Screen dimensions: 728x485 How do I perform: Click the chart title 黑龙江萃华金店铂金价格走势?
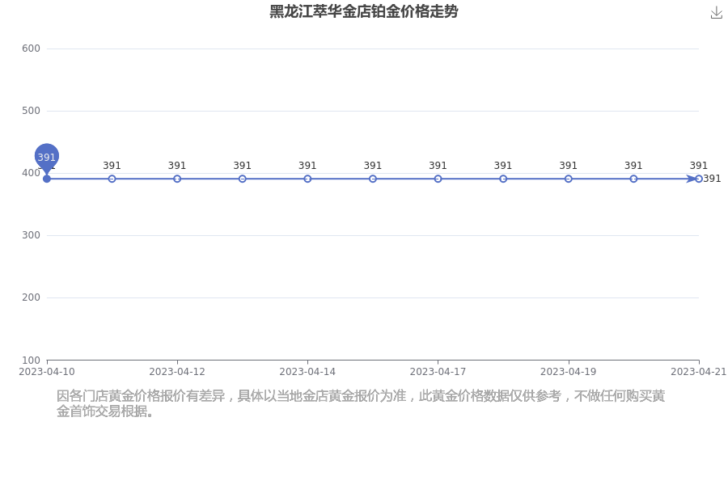coord(363,11)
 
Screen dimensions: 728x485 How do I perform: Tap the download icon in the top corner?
coord(717,13)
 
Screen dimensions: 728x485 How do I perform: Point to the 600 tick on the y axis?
coord(31,48)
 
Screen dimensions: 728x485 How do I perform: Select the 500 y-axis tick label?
coord(31,111)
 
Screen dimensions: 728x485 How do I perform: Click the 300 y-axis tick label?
coord(31,235)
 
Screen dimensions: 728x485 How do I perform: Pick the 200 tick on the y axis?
coord(31,297)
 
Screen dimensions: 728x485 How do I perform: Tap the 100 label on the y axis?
coord(31,361)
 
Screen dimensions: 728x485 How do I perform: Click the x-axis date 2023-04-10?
coord(46,372)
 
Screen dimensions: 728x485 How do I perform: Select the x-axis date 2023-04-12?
coord(177,372)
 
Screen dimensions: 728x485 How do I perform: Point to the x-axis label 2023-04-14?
coord(307,372)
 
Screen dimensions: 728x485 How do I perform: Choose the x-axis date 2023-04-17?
coord(438,372)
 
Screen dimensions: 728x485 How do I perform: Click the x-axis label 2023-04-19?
coord(569,372)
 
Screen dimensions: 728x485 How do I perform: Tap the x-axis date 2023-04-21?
coord(698,372)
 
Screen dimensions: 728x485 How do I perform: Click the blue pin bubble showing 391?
coord(46,156)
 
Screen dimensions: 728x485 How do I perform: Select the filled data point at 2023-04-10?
coord(46,179)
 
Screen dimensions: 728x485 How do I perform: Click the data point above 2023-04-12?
coord(177,179)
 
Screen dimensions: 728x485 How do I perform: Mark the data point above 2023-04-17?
coord(438,179)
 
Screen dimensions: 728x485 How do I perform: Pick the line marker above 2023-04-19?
coord(569,179)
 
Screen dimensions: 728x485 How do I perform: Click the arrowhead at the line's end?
coord(692,179)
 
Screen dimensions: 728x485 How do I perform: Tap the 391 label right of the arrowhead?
coord(712,179)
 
